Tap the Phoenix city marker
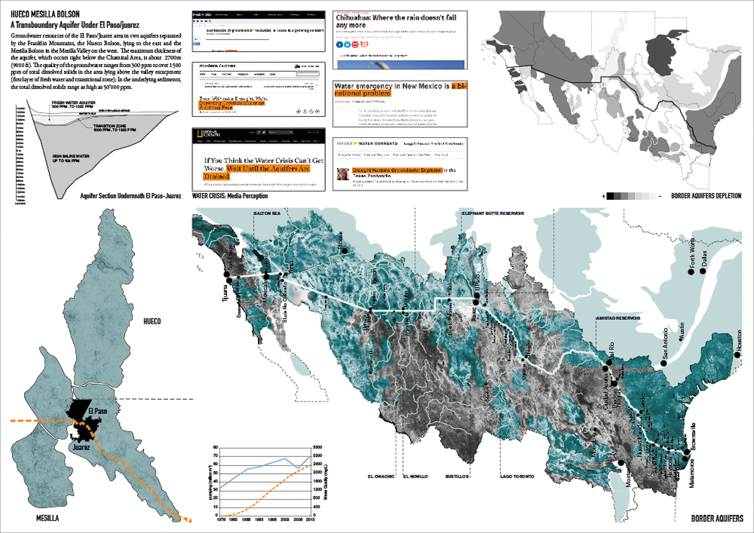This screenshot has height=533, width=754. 345,251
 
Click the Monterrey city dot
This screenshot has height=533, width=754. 621,464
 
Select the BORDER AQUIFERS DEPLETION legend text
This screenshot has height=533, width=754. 706,196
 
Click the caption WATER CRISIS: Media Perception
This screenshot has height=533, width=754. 230,196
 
